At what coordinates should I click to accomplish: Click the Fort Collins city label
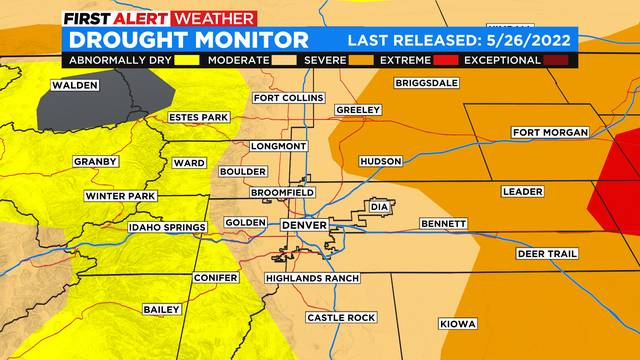pos(289,98)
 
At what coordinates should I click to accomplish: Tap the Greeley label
pos(358,109)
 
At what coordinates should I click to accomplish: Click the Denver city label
pos(304,226)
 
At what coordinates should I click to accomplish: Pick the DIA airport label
pos(378,206)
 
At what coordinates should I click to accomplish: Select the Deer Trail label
pos(547,254)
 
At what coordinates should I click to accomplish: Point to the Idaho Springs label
pos(167,228)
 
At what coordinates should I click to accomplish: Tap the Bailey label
pos(160,309)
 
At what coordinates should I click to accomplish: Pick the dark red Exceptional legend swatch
pos(555,61)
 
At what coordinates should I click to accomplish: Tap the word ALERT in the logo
pos(142,18)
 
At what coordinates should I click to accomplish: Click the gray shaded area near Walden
pos(95,105)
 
